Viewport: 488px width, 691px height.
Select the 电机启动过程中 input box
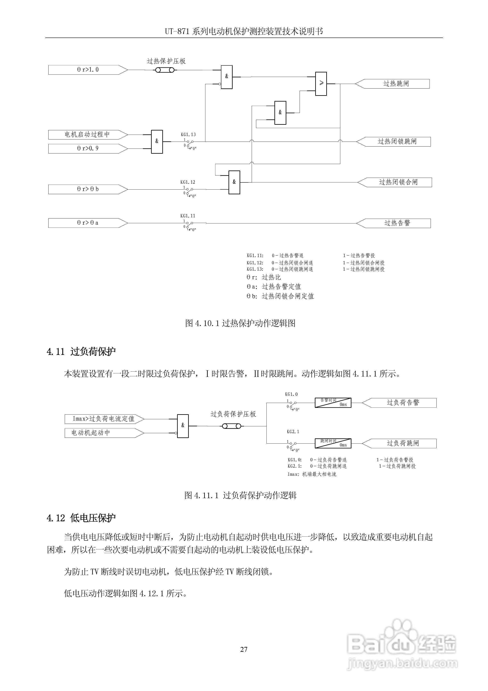coord(87,135)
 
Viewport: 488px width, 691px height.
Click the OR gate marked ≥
coord(321,84)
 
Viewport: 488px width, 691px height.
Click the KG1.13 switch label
coord(188,135)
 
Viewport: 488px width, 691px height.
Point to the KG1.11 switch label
coord(188,216)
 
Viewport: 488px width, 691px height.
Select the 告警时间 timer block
coord(333,403)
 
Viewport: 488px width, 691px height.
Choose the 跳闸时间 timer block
coord(333,443)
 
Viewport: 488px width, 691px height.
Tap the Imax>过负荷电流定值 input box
coord(104,419)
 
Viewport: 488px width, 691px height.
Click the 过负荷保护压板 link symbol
coord(232,426)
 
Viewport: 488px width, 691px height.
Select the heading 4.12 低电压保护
coord(81,518)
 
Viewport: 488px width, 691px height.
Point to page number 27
coord(244,650)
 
